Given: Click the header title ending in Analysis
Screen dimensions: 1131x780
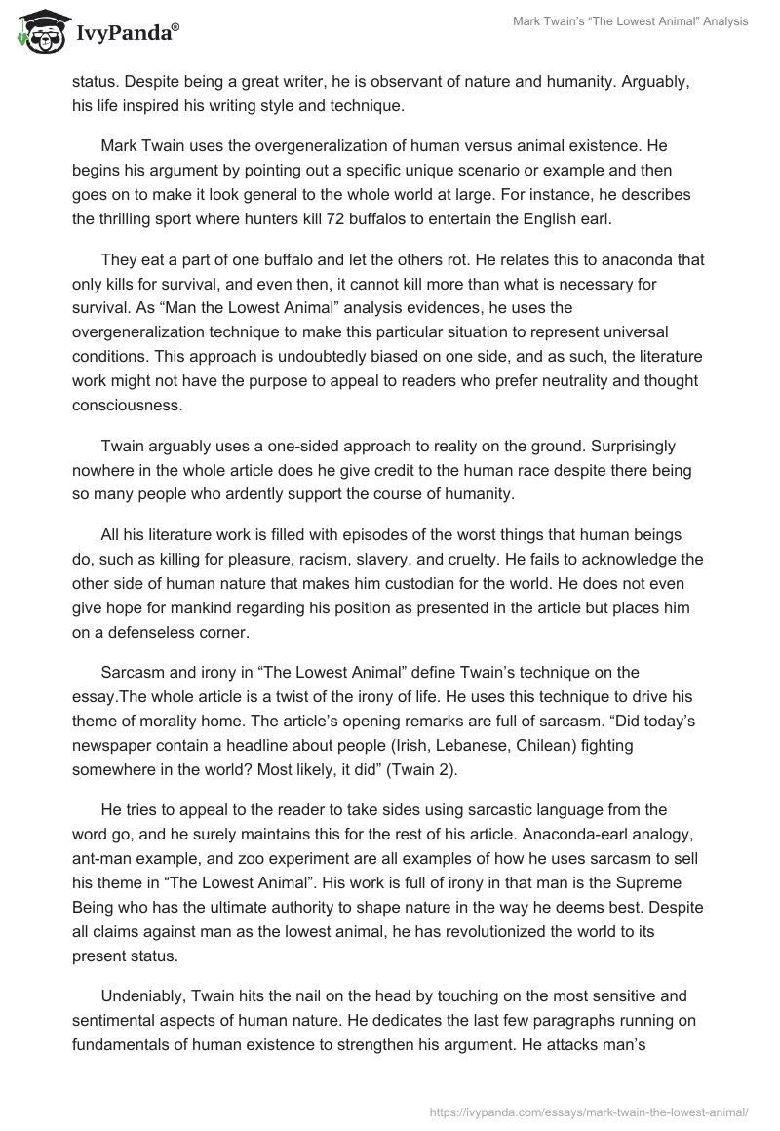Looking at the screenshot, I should pos(630,21).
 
